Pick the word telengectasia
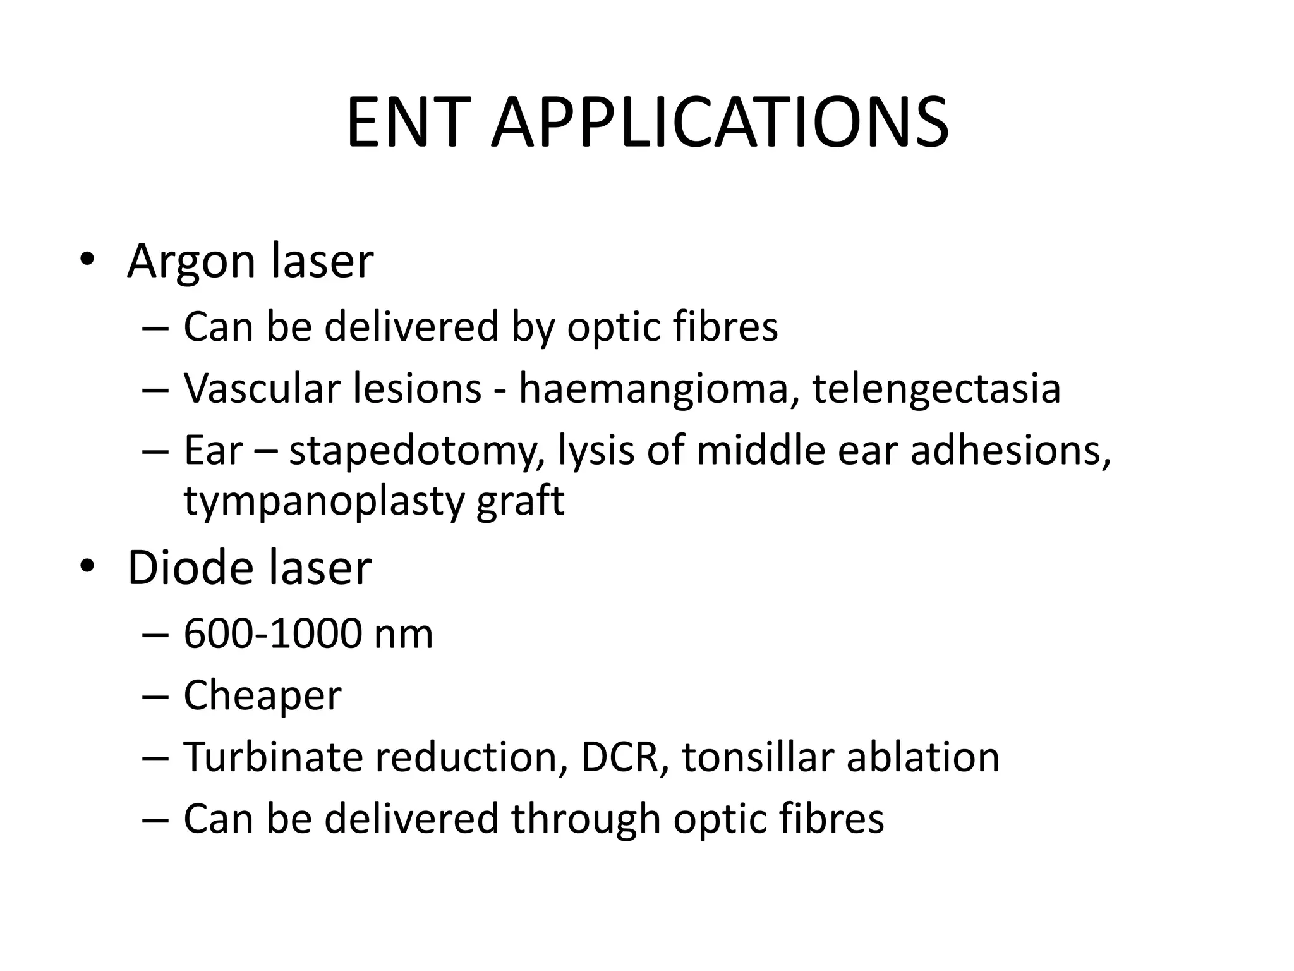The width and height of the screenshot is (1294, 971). tap(936, 389)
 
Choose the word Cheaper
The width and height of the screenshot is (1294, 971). tap(262, 696)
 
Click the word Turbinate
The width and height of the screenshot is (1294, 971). tap(272, 757)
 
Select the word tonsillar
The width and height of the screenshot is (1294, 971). tap(758, 757)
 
